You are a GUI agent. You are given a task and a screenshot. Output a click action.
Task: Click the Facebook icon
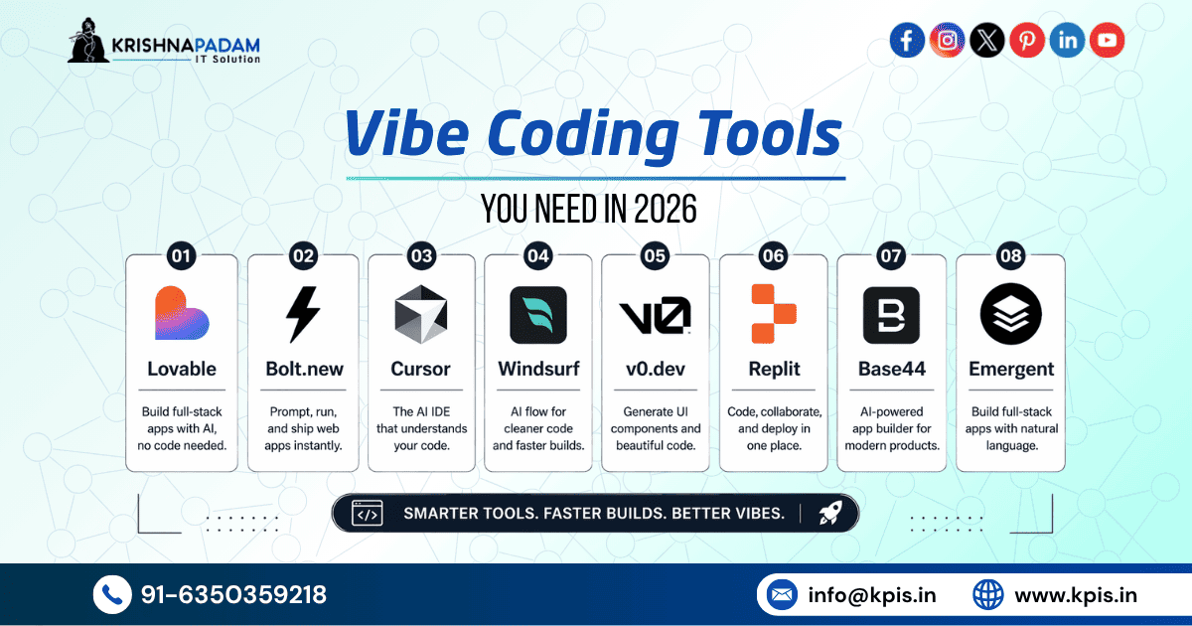(907, 41)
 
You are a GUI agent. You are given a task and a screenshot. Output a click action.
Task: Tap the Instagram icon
(947, 41)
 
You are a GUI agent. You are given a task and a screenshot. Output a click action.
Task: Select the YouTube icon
(1107, 41)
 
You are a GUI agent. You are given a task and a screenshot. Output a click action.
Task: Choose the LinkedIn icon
(1067, 41)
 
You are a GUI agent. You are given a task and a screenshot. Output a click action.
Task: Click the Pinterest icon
(1027, 41)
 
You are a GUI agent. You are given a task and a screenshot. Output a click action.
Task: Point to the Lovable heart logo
(181, 314)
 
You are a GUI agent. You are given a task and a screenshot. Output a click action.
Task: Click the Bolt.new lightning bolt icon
(303, 314)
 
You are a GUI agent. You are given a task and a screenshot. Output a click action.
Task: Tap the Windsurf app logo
(537, 315)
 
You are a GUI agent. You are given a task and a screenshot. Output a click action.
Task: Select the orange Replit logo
(774, 314)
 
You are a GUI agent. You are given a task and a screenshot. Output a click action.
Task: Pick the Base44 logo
(891, 315)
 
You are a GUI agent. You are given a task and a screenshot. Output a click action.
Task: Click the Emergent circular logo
(1010, 315)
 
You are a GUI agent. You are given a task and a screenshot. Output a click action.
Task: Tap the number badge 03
(421, 256)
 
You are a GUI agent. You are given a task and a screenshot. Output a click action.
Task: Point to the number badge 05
(655, 256)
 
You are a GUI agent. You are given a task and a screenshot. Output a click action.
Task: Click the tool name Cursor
(421, 369)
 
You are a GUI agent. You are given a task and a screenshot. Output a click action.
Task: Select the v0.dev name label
(655, 369)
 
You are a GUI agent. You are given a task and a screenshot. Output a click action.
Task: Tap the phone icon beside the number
(111, 594)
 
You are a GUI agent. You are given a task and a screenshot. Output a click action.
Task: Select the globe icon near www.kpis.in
(988, 595)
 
